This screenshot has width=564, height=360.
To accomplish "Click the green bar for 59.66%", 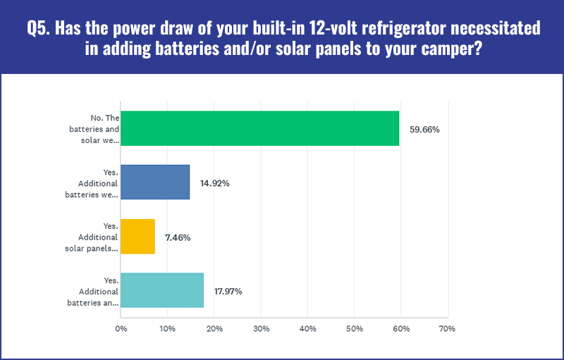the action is (x=259, y=128).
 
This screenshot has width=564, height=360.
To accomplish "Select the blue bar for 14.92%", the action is (x=155, y=182).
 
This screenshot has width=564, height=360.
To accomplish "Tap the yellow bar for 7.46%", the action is (x=137, y=237).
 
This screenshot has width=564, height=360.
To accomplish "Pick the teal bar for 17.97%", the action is (x=162, y=290).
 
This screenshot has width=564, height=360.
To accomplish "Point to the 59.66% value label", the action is (x=424, y=130).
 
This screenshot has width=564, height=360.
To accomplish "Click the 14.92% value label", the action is (x=215, y=183).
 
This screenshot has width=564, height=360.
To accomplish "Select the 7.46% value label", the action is (x=178, y=237).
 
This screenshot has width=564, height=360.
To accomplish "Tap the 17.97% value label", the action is (x=228, y=291).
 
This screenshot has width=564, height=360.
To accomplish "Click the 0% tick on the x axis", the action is (x=121, y=328).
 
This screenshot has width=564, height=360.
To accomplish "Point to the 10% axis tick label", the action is (x=167, y=328).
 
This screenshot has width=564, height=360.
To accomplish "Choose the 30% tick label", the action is (x=261, y=328).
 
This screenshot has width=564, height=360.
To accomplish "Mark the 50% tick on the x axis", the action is (x=355, y=328).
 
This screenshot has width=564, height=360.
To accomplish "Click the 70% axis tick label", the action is (x=447, y=328).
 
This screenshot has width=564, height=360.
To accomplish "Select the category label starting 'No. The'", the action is (x=94, y=129).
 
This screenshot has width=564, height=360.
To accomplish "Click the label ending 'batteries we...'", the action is (x=92, y=183).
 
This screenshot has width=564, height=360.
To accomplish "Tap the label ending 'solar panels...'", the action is (x=92, y=237).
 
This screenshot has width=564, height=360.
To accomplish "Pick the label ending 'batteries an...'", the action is (x=92, y=292).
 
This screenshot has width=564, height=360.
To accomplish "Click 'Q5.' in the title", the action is (x=39, y=28).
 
